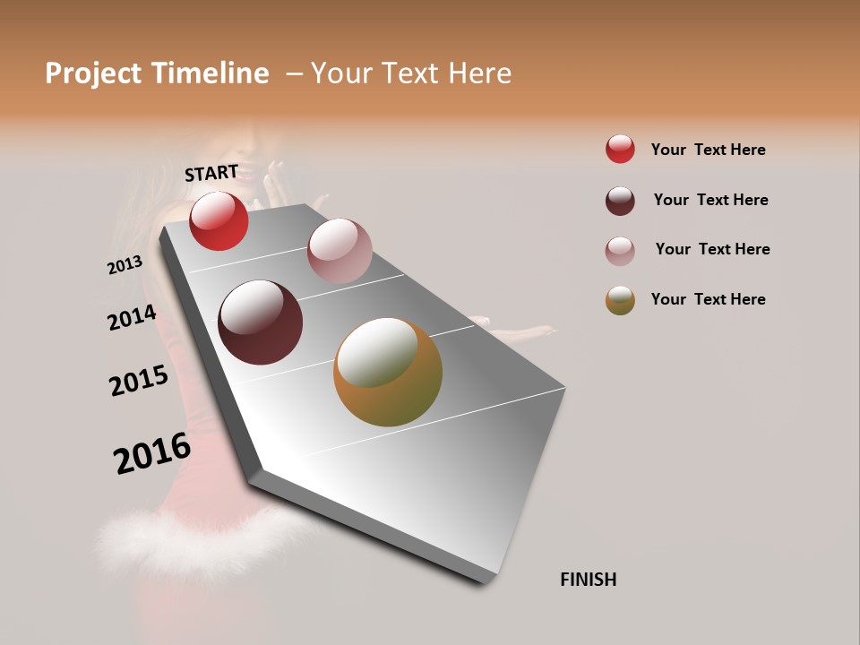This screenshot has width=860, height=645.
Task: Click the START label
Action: tap(211, 173)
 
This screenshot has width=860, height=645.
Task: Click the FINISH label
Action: tap(588, 580)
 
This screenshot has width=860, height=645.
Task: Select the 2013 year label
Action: tap(125, 265)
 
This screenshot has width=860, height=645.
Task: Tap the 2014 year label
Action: tap(132, 317)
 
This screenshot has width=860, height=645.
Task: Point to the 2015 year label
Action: tap(139, 381)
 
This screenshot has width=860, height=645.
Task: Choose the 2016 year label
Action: tap(152, 453)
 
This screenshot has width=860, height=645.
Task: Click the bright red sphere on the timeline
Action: tap(219, 220)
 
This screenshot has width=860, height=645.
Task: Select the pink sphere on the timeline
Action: tap(340, 251)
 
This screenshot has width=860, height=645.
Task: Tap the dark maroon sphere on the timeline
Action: tap(260, 322)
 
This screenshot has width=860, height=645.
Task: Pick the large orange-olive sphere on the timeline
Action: tap(388, 372)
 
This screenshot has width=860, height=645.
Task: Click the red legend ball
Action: tap(620, 150)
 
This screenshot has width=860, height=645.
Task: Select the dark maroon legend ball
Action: tap(620, 201)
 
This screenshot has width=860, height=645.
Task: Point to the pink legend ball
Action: tap(620, 251)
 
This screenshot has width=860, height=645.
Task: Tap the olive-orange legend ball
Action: tap(620, 300)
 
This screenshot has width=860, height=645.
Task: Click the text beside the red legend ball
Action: tap(708, 150)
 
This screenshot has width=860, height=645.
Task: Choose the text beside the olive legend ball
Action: tap(708, 299)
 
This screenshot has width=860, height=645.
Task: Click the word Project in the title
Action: tap(93, 73)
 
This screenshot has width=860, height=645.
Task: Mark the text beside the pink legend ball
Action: tap(712, 249)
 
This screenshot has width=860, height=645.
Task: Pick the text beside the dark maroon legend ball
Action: tap(710, 200)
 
